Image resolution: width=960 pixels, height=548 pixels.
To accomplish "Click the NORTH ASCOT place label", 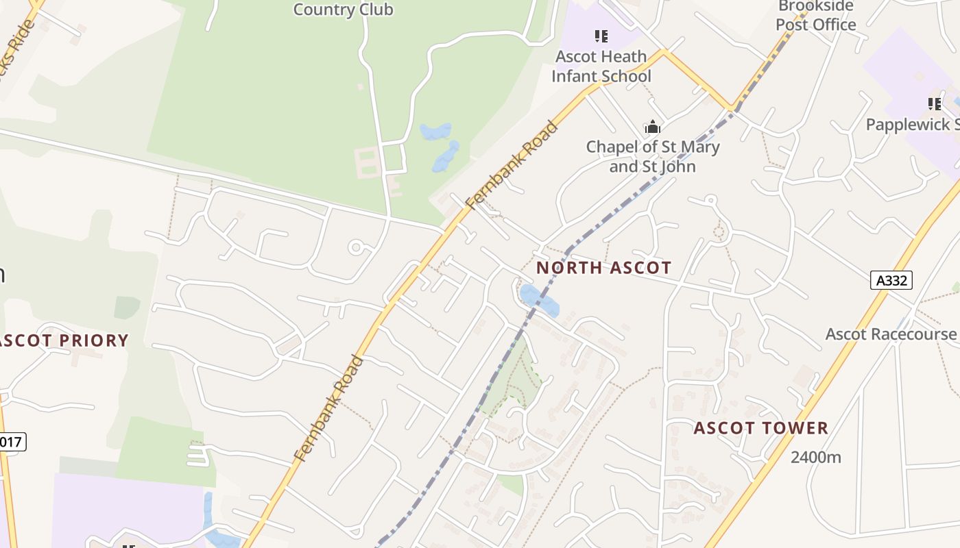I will pos(603,268).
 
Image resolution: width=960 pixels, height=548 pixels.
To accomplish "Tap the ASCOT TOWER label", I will pos(760,429).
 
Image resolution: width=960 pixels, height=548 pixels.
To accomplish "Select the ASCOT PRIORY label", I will pos(65,340).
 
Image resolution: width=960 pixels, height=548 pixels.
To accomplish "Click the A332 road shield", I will pos(891,279).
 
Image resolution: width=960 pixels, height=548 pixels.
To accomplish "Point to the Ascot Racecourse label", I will pos(890,334).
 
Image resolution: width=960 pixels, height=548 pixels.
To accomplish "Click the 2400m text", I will pos(815,457).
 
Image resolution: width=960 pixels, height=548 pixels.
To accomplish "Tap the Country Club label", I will pos(343,10).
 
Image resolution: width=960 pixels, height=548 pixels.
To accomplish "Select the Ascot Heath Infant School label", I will pos(601,66).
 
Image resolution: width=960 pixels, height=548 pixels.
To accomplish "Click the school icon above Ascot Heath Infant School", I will pos(601,36).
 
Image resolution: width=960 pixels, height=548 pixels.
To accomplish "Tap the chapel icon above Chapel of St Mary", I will pos(652,127).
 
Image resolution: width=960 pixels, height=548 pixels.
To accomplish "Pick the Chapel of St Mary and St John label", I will pos(652,156).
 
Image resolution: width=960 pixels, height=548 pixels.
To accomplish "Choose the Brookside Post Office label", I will pos(816,16).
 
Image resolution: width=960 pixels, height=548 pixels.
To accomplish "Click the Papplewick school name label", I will pos(912,125).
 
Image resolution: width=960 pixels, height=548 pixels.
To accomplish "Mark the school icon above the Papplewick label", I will pos(934,104).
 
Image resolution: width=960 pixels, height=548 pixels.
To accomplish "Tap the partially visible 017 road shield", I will pos(12,442).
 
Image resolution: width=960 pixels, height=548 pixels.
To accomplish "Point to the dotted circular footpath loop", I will pos(719,232).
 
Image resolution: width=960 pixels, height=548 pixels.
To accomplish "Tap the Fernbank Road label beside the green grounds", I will pos(511,165).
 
